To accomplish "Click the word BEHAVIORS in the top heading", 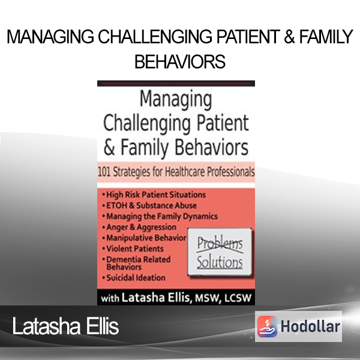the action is point(180,62).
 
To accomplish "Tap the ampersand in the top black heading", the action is point(289,37).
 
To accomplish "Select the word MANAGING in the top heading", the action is point(50,37).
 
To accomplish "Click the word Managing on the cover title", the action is point(176,100).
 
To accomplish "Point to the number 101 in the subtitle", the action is point(104,172).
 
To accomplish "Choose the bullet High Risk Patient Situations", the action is point(154,194).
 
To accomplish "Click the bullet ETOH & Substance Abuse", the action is point(149,205).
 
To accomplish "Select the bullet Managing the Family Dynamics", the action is point(160,216).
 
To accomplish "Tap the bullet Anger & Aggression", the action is point(139,227).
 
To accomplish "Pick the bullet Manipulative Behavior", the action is point(144,238).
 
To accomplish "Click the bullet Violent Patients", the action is point(133,248).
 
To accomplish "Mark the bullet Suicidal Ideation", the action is point(134,278).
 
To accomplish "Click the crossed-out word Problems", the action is point(220,244).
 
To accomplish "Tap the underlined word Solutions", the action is point(220,262).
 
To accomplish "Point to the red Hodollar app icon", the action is point(267,326).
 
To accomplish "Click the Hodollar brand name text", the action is point(310,326).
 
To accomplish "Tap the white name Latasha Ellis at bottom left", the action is point(65,326).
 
